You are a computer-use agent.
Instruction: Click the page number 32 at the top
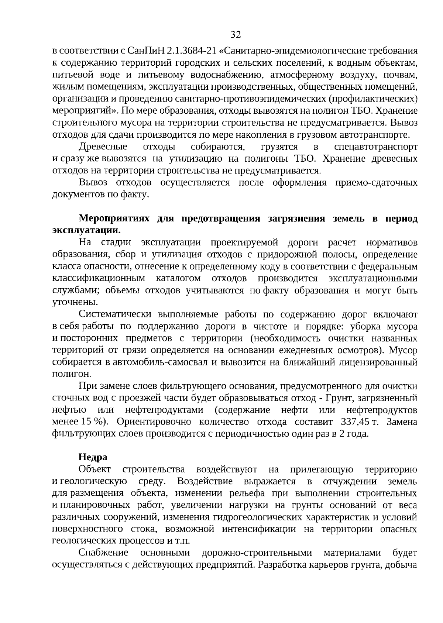coord(236,35)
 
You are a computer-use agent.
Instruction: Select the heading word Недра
coord(93,457)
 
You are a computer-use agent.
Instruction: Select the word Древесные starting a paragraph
coord(103,147)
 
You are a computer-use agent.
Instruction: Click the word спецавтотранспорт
coord(375,147)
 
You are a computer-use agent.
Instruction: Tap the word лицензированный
coord(379,362)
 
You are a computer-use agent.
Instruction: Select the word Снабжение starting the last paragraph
coord(103,553)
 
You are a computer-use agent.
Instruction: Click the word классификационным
coord(99,279)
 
